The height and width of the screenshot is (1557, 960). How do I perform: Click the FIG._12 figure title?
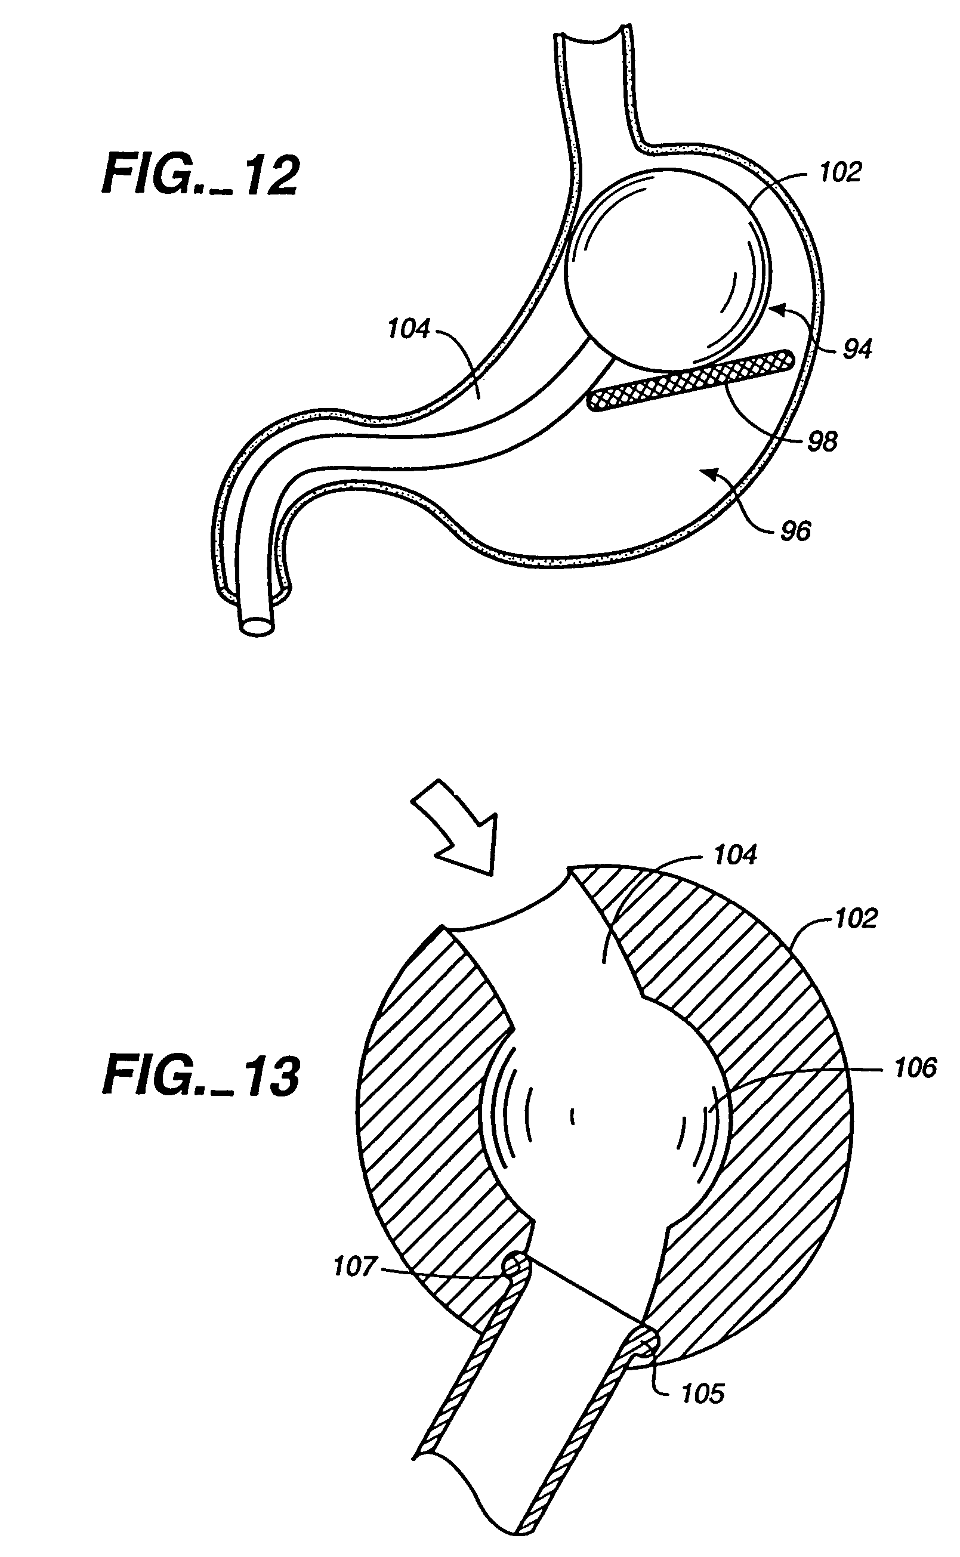[x=200, y=175]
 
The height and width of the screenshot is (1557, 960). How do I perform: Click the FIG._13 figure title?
[x=200, y=1077]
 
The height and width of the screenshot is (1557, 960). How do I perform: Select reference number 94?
[x=857, y=348]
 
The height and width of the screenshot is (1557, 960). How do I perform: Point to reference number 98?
[x=822, y=441]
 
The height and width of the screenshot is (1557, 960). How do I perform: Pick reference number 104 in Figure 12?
[x=409, y=329]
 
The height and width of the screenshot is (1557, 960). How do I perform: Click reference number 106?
[x=915, y=1068]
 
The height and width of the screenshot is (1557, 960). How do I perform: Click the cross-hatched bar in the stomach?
[x=691, y=381]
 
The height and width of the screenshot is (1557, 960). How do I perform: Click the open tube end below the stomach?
[x=258, y=625]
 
